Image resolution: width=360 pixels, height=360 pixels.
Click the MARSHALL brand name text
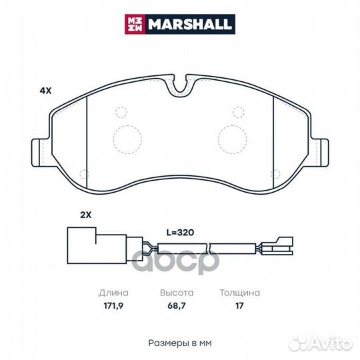pos(189,25)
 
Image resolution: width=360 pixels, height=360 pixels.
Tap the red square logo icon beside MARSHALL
pos(135,25)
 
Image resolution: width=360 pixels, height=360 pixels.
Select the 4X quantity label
pos(45,91)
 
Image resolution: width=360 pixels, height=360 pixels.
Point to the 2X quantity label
pos(85,215)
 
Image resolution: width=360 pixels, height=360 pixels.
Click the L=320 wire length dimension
pos(180,233)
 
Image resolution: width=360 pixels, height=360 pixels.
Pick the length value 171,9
pos(113,306)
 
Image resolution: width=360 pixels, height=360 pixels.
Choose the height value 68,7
pos(177,306)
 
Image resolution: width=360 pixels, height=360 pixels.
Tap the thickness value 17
pos(239,306)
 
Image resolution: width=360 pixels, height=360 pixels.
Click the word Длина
pos(113,293)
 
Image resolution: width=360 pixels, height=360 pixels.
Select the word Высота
pos(177,293)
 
